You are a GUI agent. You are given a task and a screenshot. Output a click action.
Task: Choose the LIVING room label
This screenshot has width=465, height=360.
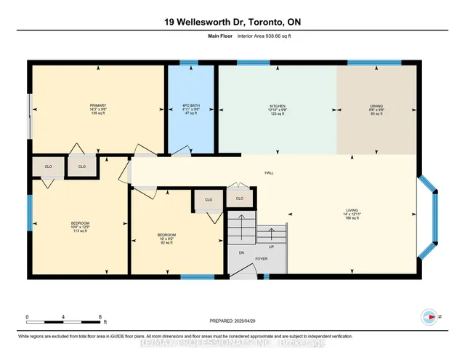352,211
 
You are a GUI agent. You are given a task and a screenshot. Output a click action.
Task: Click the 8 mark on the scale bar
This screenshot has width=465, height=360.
100,317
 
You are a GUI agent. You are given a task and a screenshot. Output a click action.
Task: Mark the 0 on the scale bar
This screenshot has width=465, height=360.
27,317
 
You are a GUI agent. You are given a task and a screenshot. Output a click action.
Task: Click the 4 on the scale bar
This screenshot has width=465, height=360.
64,317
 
